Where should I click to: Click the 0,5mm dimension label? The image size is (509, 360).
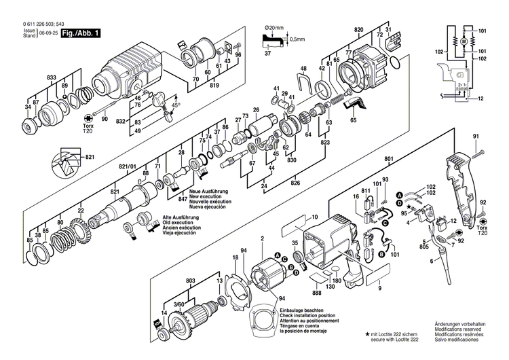pos(297,39)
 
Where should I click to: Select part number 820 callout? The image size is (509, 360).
pos(358,30)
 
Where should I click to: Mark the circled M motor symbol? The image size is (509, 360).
pos(464,43)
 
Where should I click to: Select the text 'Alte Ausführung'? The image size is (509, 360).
pos(180,218)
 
